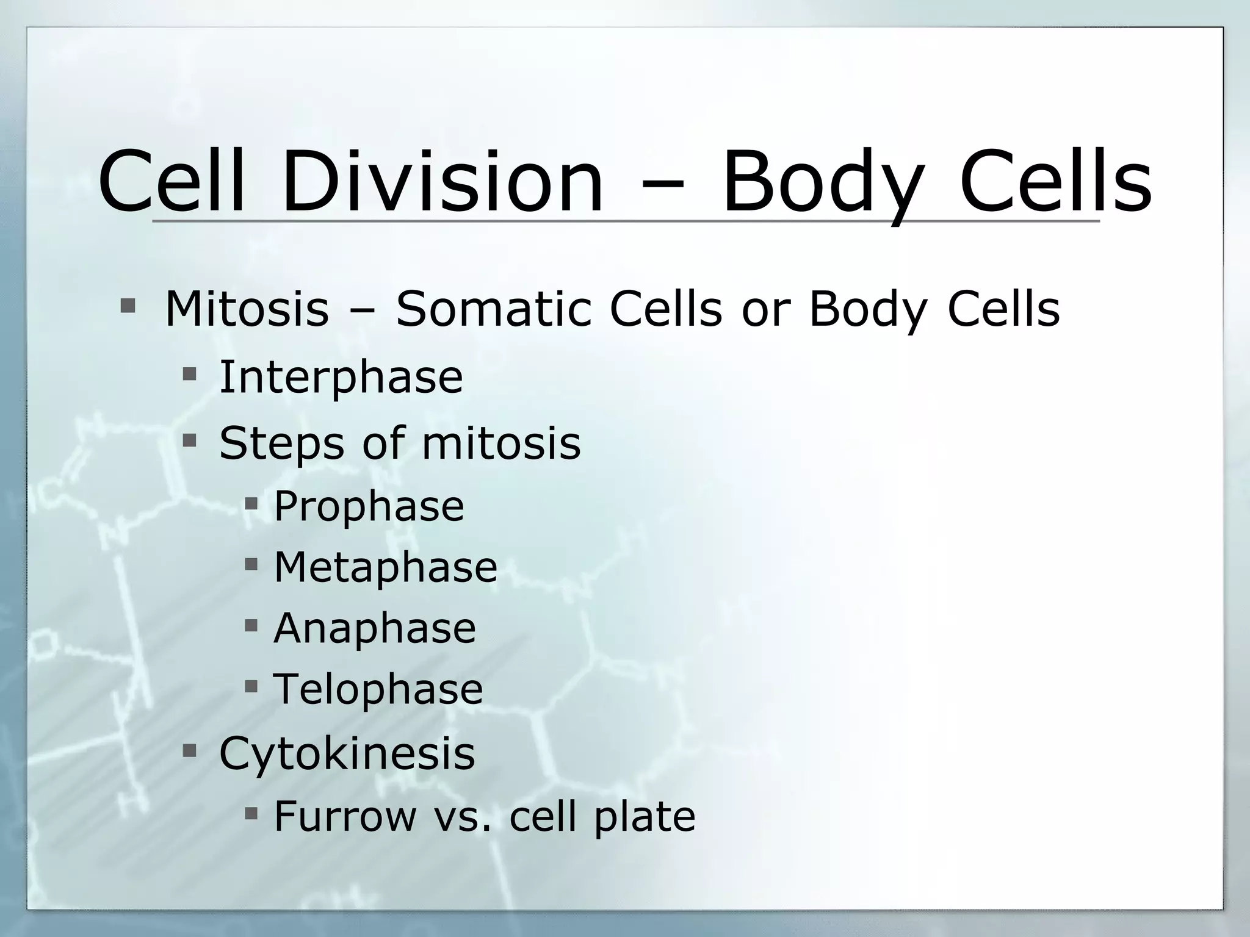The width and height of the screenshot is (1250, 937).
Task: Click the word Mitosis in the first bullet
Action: tap(247, 309)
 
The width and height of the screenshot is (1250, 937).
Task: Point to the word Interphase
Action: tap(341, 378)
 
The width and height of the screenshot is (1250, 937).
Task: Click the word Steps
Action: tap(281, 443)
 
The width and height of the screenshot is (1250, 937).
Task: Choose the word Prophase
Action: tap(369, 507)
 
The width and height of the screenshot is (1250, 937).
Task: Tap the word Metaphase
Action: tap(385, 567)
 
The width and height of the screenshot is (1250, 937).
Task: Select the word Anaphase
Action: tap(374, 628)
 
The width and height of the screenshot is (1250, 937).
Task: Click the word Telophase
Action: tap(378, 689)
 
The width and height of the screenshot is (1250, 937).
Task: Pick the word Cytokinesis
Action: tap(347, 754)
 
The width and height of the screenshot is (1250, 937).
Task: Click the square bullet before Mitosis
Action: tap(128, 305)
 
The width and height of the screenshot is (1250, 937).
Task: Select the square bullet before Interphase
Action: tap(189, 373)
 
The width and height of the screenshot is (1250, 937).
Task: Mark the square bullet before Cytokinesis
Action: tap(189, 749)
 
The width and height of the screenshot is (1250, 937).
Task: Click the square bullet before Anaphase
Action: tap(251, 625)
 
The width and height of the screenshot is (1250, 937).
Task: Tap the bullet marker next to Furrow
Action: tap(251, 812)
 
